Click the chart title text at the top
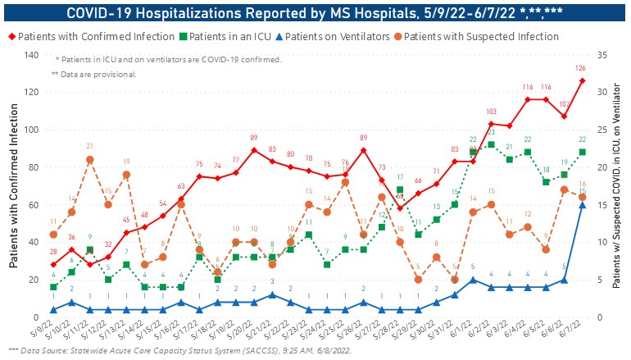coord(315,11)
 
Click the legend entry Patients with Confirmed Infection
coord(95,37)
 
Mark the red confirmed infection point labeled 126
coord(582,80)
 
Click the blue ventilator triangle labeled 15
coord(582,205)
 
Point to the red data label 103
coord(491,112)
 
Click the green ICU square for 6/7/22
coord(582,153)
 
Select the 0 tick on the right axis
coord(601,317)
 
